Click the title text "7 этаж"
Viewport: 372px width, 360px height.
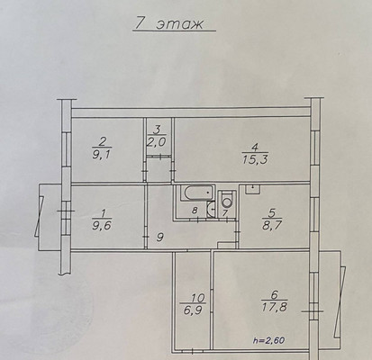[168, 23]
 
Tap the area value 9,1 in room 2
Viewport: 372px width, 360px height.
[102, 156]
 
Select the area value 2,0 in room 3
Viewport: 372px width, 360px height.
[157, 142]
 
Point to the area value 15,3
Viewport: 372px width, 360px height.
[255, 159]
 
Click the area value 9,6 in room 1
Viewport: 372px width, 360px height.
[102, 225]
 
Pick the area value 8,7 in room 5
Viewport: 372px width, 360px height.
[272, 225]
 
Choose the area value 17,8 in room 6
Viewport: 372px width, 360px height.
[275, 307]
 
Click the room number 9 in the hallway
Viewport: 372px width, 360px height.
[160, 238]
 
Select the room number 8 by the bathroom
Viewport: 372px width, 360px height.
[195, 211]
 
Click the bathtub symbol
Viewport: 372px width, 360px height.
[197, 193]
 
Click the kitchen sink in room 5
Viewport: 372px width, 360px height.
[253, 189]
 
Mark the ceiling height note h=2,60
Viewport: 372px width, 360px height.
[269, 340]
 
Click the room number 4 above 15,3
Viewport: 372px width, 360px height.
[255, 148]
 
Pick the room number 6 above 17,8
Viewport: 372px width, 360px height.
[274, 294]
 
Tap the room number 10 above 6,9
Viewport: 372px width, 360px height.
[197, 298]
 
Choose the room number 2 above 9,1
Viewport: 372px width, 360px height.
[103, 141]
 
